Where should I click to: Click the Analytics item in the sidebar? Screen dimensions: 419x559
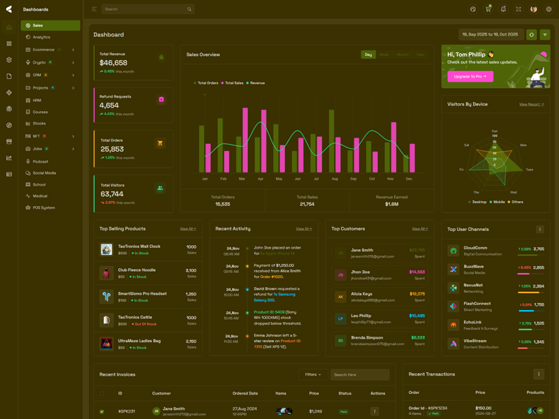(41, 37)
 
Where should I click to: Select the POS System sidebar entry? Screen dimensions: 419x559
(43, 207)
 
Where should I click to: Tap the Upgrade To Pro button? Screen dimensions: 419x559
(470, 77)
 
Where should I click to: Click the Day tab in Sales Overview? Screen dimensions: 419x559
(368, 54)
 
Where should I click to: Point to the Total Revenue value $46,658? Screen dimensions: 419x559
(113, 63)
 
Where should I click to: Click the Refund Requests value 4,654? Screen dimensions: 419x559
(109, 105)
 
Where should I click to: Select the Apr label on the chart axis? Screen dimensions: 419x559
(261, 179)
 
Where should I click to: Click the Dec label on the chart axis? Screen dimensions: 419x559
(409, 179)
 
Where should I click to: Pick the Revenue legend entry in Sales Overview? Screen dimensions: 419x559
(256, 83)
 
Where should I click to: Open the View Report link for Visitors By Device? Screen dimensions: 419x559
(531, 104)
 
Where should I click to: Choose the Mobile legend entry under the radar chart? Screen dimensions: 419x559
(498, 202)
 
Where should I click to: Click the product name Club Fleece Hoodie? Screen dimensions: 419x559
(137, 270)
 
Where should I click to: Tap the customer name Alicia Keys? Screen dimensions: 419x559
(362, 294)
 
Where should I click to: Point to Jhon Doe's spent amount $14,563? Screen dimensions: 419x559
(417, 272)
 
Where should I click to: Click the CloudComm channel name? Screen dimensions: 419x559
(475, 247)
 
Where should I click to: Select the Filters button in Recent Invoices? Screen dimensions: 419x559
(312, 375)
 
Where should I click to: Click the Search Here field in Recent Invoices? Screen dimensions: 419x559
(359, 375)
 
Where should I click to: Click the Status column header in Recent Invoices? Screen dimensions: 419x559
(344, 393)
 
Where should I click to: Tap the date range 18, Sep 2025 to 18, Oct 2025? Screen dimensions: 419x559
(490, 34)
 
